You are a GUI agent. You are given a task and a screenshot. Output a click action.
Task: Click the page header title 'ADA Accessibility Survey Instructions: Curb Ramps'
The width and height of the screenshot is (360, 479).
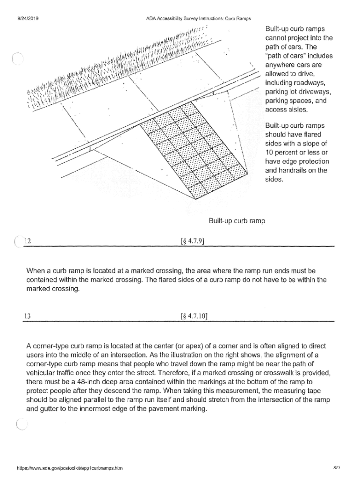click(199, 19)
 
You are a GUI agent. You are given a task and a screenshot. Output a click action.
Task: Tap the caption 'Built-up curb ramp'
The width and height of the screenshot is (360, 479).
click(237, 220)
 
